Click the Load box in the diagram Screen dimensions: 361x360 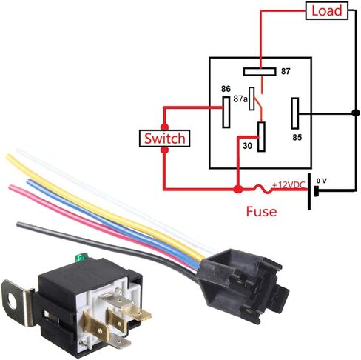pyautogui.click(x=326, y=10)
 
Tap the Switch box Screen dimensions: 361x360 pyautogui.click(x=164, y=139)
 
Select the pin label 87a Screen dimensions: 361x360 pyautogui.click(x=240, y=99)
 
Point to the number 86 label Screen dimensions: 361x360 pyautogui.click(x=226, y=89)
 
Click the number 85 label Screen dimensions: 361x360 pyautogui.click(x=297, y=137)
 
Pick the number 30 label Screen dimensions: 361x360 pyautogui.click(x=247, y=146)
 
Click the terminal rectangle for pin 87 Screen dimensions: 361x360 pyautogui.click(x=260, y=72)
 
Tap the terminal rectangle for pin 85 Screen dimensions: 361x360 pyautogui.click(x=295, y=113)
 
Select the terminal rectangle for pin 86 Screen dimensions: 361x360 pyautogui.click(x=226, y=112)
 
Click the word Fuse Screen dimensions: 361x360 pyautogui.click(x=261, y=212)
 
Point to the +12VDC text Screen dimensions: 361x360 pyautogui.click(x=289, y=185)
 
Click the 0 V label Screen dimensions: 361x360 pyautogui.click(x=322, y=181)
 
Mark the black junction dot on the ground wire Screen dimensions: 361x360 pyautogui.click(x=355, y=113)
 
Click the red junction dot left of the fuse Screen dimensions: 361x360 pyautogui.click(x=237, y=190)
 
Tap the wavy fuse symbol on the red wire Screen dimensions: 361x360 pyautogui.click(x=262, y=189)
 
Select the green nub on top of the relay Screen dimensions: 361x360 pyautogui.click(x=80, y=258)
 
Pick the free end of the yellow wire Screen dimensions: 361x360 pyautogui.click(x=7, y=156)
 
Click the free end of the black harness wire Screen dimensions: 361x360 pyautogui.click(x=18, y=224)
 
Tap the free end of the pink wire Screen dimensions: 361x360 pyautogui.click(x=10, y=187)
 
